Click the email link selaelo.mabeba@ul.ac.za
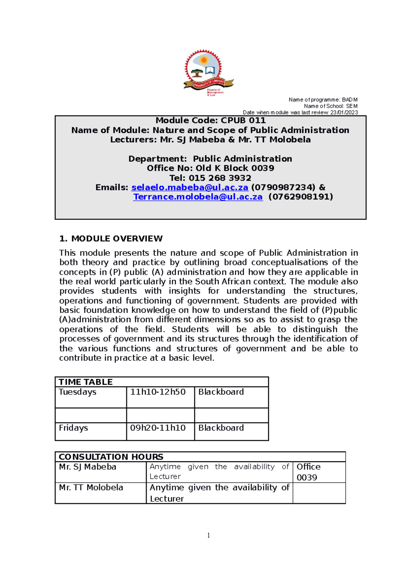(190, 188)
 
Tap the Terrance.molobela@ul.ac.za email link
(198, 197)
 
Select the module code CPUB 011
(243, 121)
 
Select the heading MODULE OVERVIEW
(117, 239)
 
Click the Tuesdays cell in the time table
(78, 392)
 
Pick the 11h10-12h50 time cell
(158, 392)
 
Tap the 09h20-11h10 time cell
(158, 428)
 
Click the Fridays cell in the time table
(74, 428)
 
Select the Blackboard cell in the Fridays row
(221, 428)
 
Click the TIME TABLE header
(86, 382)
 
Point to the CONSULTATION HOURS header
(111, 457)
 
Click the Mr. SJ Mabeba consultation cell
(88, 467)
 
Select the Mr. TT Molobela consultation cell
(91, 488)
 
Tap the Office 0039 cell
(308, 472)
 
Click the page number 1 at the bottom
(208, 536)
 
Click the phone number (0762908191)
(301, 197)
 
